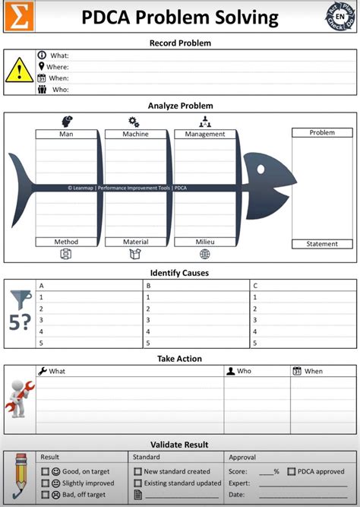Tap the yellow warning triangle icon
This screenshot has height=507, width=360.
pyautogui.click(x=19, y=71)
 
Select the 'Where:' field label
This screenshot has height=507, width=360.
pyautogui.click(x=57, y=67)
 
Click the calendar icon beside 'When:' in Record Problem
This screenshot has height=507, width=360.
pyautogui.click(x=42, y=78)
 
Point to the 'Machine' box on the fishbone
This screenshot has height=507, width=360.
pyautogui.click(x=136, y=134)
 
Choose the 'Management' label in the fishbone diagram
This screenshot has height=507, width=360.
pyautogui.click(x=205, y=134)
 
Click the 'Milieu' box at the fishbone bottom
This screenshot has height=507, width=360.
pyautogui.click(x=205, y=242)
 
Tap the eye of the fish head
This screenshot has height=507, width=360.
pyautogui.click(x=262, y=169)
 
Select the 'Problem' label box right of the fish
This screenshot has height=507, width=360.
pyautogui.click(x=321, y=132)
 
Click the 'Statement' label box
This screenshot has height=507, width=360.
pyautogui.click(x=321, y=244)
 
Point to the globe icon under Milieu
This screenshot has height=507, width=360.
pyautogui.click(x=205, y=254)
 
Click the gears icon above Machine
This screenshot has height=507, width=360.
pyautogui.click(x=134, y=122)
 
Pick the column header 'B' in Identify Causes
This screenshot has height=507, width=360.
pyautogui.click(x=148, y=286)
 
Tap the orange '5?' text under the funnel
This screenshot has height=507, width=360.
pyautogui.click(x=20, y=321)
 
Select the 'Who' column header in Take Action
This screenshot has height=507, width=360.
pyautogui.click(x=244, y=371)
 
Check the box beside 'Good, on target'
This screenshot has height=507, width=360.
pyautogui.click(x=44, y=471)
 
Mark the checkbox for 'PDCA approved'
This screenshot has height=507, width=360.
pyautogui.click(x=292, y=471)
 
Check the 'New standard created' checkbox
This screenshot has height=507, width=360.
pyautogui.click(x=137, y=471)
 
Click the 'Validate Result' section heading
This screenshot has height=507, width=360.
pyautogui.click(x=180, y=445)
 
